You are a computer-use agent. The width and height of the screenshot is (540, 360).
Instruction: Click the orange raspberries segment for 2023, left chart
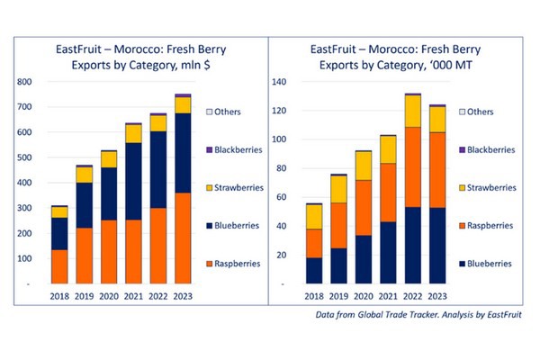coord(183,238)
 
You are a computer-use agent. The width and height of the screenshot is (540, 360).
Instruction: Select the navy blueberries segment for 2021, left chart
coord(133,181)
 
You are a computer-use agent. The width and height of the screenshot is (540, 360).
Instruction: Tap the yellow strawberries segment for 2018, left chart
coord(59,211)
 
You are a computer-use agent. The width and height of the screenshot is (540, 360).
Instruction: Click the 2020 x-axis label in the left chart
coord(109,296)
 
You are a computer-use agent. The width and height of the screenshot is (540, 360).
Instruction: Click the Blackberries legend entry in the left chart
coord(235,149)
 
